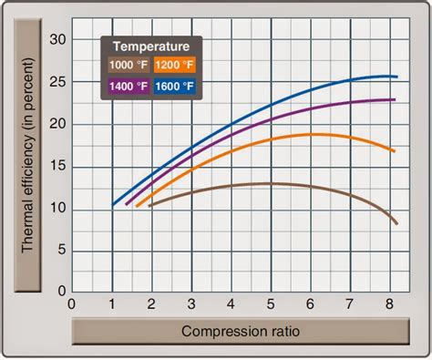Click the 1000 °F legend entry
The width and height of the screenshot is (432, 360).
(127, 66)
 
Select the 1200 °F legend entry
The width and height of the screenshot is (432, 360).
(173, 66)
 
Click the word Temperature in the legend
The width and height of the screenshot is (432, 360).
(150, 45)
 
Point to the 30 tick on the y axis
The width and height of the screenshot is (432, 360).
(59, 39)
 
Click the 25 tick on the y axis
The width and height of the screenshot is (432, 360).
(59, 81)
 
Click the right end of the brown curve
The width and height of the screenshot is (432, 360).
(396, 223)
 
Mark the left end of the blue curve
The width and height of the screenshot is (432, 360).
(112, 205)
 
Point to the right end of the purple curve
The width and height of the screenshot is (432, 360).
(394, 99)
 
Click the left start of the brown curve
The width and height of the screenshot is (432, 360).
(149, 205)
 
